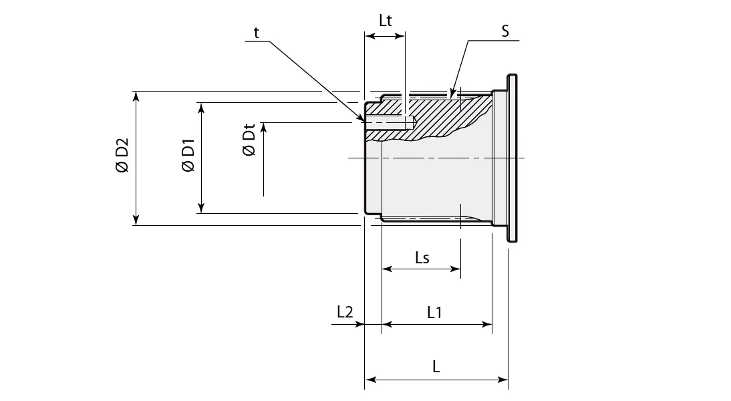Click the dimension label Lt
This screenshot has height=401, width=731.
pos(385,20)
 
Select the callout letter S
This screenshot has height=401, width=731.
pos(506,31)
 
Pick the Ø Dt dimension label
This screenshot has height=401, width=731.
pos(249,140)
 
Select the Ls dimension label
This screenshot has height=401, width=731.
pos(422,258)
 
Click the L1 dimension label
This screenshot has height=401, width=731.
pos(434,311)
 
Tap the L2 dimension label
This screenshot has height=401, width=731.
pos(345,311)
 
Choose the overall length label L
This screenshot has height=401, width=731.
pos(436,367)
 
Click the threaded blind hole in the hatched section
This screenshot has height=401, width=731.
pos(391,122)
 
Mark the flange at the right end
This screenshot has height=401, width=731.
pos(511,158)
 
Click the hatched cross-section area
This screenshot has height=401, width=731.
pos(441,117)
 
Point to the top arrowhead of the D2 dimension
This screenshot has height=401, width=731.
pos(136,96)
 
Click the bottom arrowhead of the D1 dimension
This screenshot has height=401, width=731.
pos(200,208)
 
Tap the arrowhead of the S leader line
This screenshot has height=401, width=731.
pos(452,93)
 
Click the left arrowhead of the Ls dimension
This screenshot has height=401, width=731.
pos(387,269)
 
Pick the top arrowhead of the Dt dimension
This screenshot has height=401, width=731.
pos(264,128)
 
